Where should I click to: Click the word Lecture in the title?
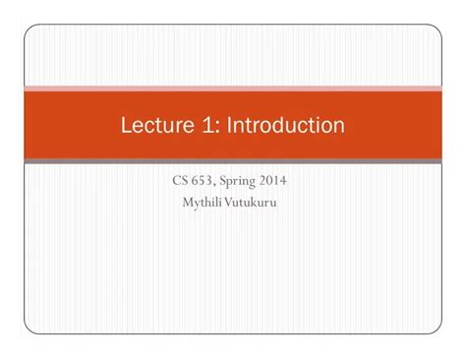pos(154,126)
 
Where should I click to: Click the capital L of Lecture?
pos(126,126)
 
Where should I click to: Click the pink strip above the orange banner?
pos(233,89)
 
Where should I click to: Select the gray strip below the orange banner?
pos(233,160)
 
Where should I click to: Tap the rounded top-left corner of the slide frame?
pos(30,32)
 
